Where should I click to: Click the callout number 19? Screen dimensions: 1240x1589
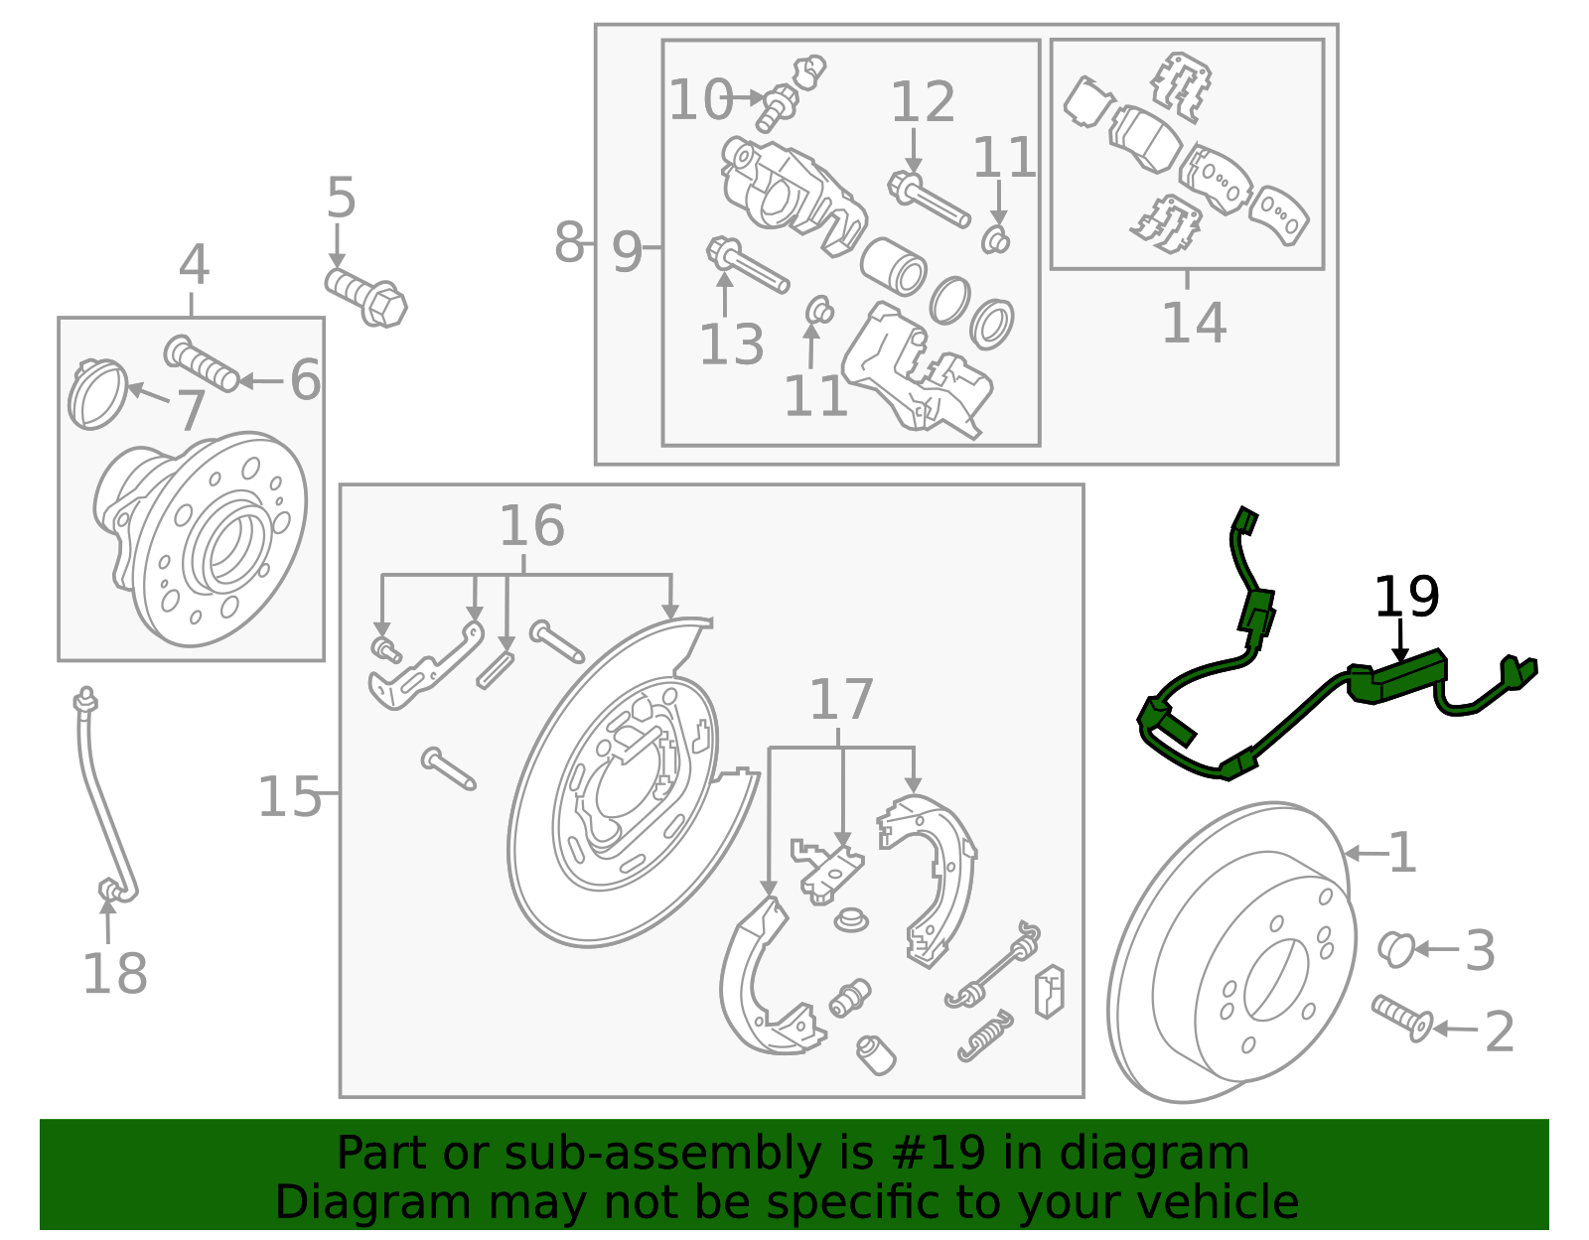tap(1406, 598)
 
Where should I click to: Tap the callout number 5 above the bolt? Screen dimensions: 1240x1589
tap(341, 199)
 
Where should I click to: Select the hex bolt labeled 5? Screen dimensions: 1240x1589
tap(367, 295)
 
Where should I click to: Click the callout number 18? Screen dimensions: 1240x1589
tap(114, 974)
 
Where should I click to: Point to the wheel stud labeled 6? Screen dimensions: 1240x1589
tap(201, 363)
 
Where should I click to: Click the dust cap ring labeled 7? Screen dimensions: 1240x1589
tap(97, 394)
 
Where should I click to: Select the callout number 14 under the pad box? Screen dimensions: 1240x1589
tap(1194, 323)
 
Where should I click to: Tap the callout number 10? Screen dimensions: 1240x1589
tap(699, 101)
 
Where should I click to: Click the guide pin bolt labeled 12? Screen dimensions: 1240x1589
tap(929, 201)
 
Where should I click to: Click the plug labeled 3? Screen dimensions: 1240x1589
tap(1395, 949)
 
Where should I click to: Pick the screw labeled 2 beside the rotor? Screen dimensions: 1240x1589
tap(1402, 1017)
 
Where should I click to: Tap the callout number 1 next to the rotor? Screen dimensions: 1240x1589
tap(1402, 854)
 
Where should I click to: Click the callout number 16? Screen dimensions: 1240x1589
tap(531, 526)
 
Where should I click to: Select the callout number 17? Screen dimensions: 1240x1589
tap(841, 701)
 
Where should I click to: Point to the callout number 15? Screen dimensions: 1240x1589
tap(289, 797)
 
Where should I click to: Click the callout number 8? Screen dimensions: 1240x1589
tap(569, 243)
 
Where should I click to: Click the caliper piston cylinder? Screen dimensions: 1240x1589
tap(893, 266)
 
